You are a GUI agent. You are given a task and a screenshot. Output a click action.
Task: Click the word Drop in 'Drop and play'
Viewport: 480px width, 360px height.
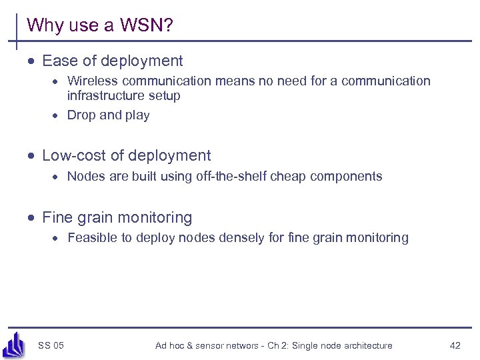(x=81, y=115)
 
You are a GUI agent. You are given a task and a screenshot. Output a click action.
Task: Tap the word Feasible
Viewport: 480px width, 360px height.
(x=91, y=238)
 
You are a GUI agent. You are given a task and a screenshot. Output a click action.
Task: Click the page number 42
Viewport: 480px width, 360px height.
(x=455, y=345)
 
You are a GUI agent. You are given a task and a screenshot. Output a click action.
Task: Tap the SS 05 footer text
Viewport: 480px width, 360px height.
(x=51, y=345)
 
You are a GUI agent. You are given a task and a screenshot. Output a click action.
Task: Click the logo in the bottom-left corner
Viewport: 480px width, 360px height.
(x=14, y=344)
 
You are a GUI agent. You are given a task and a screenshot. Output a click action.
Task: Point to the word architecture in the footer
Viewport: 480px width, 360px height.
(x=367, y=345)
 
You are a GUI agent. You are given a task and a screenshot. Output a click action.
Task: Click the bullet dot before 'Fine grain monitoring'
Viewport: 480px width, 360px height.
(x=31, y=218)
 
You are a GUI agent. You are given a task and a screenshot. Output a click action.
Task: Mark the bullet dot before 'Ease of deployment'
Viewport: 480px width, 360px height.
(x=31, y=62)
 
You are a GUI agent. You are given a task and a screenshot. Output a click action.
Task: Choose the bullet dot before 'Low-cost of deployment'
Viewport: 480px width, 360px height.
(x=31, y=157)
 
